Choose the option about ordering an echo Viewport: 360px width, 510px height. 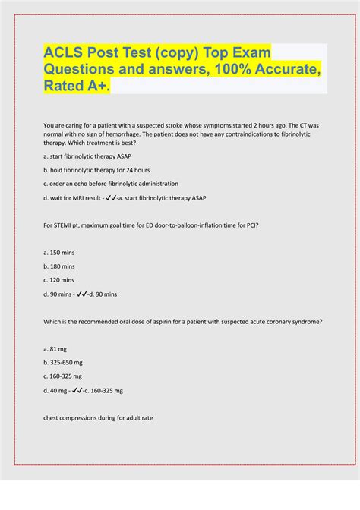pyautogui.click(x=112, y=184)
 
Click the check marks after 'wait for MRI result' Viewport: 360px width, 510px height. pyautogui.click(x=111, y=197)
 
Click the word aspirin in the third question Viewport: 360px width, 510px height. pyautogui.click(x=161, y=321)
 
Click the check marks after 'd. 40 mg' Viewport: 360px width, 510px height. pyautogui.click(x=79, y=390)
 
